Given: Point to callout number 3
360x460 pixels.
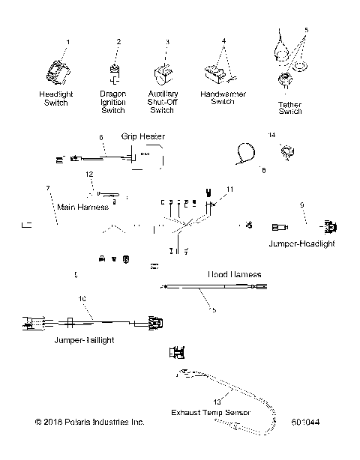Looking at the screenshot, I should click(167, 42).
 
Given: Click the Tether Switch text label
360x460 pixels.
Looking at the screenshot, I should click(289, 107).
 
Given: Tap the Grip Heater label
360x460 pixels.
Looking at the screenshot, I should click(142, 137).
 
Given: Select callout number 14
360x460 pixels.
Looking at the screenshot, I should click(272, 135).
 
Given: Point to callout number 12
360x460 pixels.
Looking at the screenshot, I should click(88, 195).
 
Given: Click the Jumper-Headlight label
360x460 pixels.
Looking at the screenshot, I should click(301, 243).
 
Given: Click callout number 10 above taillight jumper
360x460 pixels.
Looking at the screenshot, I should click(82, 299).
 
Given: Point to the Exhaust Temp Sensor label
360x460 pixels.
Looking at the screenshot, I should click(211, 412).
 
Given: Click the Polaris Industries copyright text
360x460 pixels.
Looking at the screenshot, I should click(89, 423).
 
